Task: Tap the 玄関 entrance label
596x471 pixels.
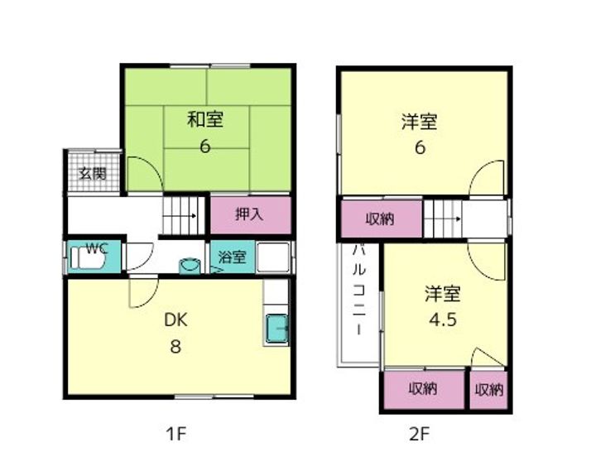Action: coord(92,174)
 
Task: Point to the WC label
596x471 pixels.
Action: coord(97,248)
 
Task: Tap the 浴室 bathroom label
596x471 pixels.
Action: coord(233,257)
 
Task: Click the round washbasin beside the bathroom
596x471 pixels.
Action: coord(190,265)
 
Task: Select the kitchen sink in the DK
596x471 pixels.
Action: coord(276,329)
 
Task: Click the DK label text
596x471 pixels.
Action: coord(175,320)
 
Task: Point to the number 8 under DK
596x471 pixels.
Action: coord(175,347)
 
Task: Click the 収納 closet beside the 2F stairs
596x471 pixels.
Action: coord(380,219)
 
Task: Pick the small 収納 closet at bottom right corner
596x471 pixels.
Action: coord(489,389)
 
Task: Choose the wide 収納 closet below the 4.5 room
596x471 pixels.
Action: coord(422,389)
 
